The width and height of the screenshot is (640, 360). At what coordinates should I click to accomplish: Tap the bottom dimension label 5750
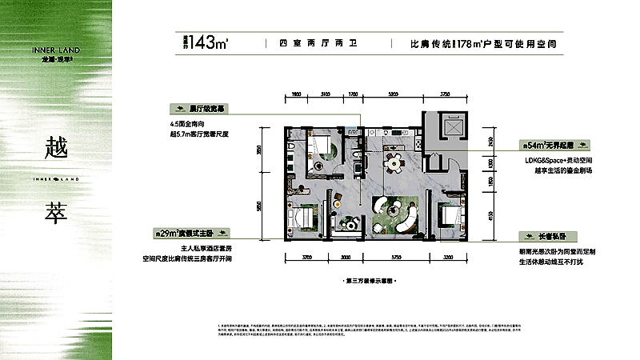pos(394,258)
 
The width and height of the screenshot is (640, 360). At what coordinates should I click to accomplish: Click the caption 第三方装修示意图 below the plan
pos(370,282)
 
